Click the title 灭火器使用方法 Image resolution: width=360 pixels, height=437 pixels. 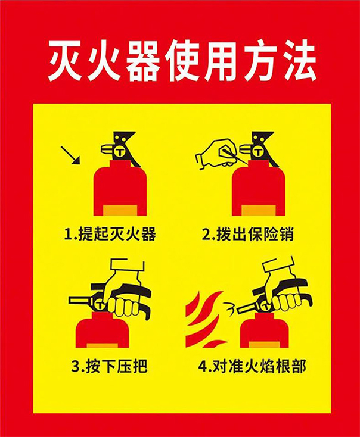pyautogui.click(x=180, y=61)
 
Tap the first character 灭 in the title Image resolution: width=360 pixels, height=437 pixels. pyautogui.click(x=66, y=61)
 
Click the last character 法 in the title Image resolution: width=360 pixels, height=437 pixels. pyautogui.click(x=296, y=61)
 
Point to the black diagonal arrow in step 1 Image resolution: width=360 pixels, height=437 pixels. pyautogui.click(x=71, y=155)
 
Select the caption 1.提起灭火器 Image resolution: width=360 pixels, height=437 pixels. pyautogui.click(x=110, y=234)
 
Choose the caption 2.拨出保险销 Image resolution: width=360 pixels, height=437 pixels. pyautogui.click(x=248, y=234)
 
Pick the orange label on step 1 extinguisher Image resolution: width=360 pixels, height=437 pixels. pyautogui.click(x=120, y=210)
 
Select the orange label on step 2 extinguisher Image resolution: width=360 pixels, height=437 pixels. pyautogui.click(x=258, y=210)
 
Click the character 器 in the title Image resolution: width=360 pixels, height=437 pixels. pyautogui.click(x=142, y=61)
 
